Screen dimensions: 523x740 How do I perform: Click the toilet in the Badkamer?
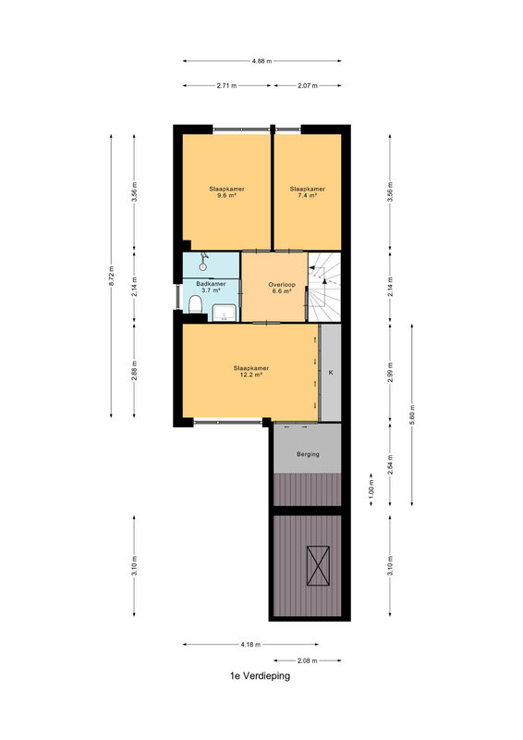[195, 304]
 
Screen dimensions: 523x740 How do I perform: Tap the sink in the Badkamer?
[224, 313]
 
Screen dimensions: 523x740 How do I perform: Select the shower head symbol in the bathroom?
[203, 261]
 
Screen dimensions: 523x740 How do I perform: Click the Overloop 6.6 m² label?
[282, 288]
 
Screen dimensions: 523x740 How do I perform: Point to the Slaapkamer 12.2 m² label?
[251, 372]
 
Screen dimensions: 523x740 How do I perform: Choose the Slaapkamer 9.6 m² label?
[226, 192]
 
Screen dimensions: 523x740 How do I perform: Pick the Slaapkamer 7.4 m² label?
[308, 192]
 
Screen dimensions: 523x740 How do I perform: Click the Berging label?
[308, 454]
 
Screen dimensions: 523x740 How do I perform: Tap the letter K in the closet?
[331, 373]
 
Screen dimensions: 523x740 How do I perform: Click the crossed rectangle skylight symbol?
[318, 565]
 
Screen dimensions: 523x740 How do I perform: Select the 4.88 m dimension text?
[261, 61]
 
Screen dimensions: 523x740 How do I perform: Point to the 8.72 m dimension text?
[111, 276]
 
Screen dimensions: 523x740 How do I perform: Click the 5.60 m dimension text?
[412, 414]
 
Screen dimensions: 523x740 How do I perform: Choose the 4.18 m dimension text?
[251, 644]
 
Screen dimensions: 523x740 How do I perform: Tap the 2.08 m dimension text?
[308, 660]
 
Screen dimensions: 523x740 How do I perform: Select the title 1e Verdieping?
[260, 676]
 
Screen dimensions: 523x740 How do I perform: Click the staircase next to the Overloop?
[324, 287]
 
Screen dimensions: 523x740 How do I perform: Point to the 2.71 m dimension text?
[226, 85]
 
